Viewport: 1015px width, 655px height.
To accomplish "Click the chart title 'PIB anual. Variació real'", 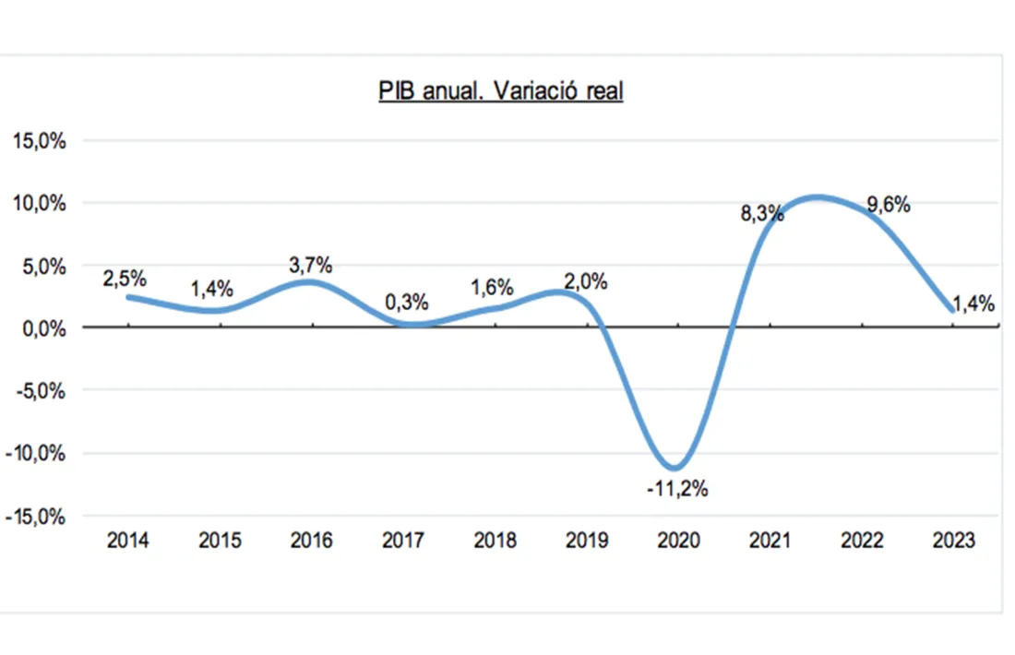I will coord(500,91).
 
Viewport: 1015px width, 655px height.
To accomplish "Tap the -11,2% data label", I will coord(677,489).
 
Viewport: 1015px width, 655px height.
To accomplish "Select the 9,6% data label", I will coord(888,206).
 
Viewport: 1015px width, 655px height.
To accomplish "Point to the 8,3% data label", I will coord(762,214).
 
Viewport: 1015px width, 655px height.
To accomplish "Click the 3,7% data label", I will coord(310,265).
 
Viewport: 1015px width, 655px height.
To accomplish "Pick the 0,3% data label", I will coord(406,302).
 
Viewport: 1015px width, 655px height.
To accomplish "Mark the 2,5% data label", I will coord(125,278).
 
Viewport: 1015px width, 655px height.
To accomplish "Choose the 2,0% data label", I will coord(585,282).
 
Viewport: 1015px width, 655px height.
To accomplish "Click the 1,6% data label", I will coord(492,287).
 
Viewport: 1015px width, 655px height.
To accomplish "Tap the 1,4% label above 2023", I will coord(973,305).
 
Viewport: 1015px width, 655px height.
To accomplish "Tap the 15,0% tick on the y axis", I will coord(39,141).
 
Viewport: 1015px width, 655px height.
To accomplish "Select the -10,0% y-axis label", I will coord(37,454).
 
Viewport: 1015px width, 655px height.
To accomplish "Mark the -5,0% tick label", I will coord(40,391).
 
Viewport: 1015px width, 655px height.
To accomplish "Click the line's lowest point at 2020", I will coord(677,467).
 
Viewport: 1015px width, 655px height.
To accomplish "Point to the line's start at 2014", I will coord(127,296).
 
